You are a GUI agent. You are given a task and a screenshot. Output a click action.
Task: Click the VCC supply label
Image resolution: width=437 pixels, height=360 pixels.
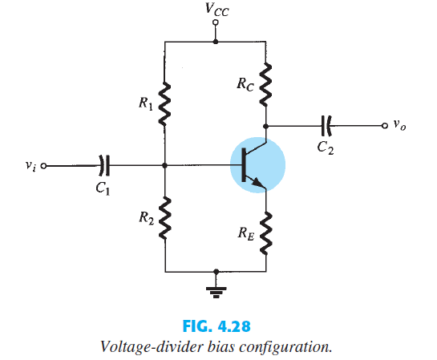[215, 11]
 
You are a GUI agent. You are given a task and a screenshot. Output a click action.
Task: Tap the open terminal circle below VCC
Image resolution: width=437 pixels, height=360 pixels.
[215, 23]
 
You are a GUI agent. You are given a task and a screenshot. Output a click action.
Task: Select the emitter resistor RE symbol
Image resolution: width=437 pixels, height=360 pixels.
[267, 233]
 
